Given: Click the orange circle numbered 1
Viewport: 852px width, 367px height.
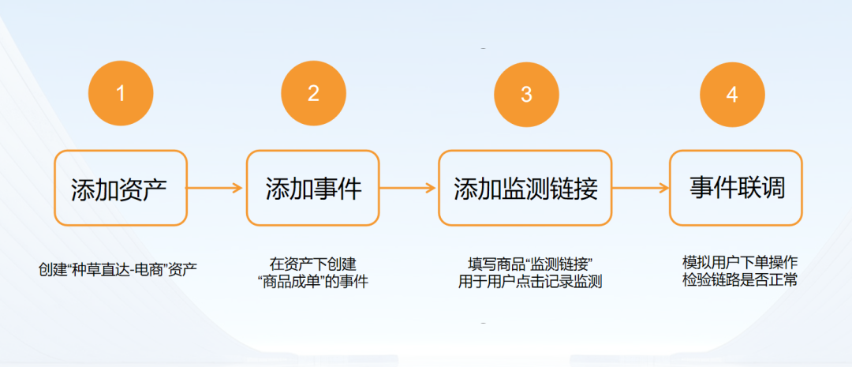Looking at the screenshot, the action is (x=120, y=94).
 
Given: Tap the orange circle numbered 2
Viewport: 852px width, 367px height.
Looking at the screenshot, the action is (x=313, y=94).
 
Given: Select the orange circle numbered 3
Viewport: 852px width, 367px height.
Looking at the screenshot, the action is (x=526, y=94).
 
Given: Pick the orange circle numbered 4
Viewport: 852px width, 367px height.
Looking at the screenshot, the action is (x=732, y=94).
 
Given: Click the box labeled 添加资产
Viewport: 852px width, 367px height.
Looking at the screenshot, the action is (x=120, y=188).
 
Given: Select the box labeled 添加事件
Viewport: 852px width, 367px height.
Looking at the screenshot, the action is (x=313, y=188).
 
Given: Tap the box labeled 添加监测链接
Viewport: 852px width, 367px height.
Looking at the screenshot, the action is (x=525, y=188).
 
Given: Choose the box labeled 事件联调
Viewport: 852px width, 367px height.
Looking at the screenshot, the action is (x=735, y=188).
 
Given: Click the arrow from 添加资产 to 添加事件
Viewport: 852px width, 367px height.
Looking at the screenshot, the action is (x=215, y=188).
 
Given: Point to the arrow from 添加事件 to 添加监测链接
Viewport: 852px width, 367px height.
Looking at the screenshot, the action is (x=408, y=188).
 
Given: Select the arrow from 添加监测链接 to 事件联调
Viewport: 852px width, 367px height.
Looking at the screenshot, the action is (x=640, y=188).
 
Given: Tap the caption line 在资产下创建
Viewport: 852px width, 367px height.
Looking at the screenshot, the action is (x=313, y=264).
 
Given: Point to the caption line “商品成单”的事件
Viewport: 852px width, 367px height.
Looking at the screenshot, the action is (x=313, y=282).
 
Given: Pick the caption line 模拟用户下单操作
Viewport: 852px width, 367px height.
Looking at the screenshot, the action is (x=740, y=262).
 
